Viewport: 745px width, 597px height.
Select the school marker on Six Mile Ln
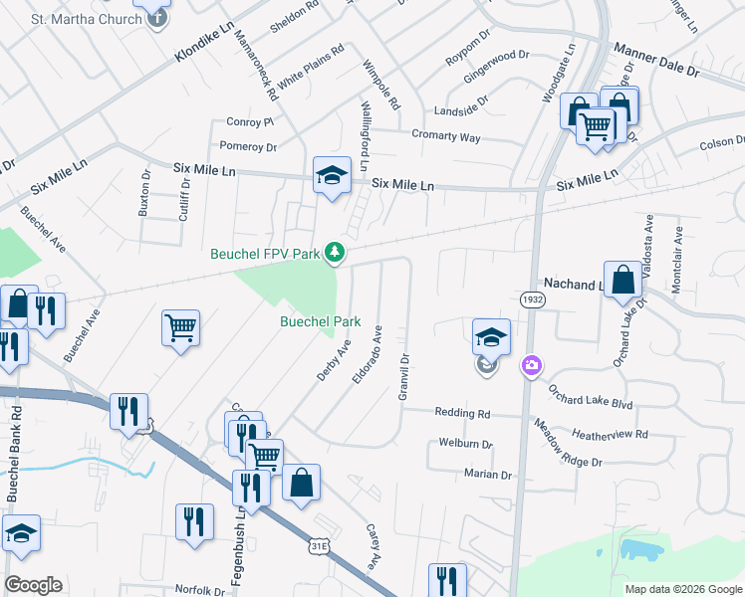click(x=332, y=178)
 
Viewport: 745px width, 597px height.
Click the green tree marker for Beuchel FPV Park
click(x=337, y=254)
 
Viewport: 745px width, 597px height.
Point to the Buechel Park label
click(x=320, y=321)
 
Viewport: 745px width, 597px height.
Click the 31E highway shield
click(x=320, y=546)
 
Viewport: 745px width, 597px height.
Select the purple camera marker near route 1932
click(x=532, y=366)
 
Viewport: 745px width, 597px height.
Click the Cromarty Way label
click(x=446, y=136)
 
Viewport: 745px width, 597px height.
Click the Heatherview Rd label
click(x=610, y=435)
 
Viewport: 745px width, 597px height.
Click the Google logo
click(x=33, y=585)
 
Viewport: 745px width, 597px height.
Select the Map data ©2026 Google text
click(x=682, y=589)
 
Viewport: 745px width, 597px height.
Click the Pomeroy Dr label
click(x=248, y=146)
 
